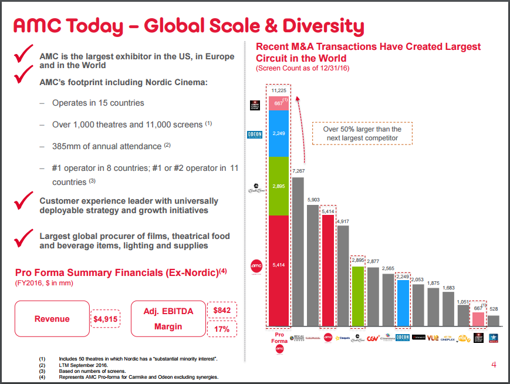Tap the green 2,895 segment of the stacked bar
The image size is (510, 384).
pyautogui.click(x=279, y=186)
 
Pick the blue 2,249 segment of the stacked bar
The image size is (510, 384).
pyautogui.click(x=279, y=134)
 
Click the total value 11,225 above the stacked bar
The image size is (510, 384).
pyautogui.click(x=279, y=90)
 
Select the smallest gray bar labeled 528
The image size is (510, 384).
pyautogui.click(x=494, y=321)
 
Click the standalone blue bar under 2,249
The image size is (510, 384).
pyautogui.click(x=403, y=303)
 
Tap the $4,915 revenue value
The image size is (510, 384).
pyautogui.click(x=106, y=319)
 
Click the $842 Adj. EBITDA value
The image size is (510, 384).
pyautogui.click(x=221, y=310)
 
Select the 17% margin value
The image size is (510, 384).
pyautogui.click(x=221, y=329)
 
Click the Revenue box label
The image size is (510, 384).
pyautogui.click(x=52, y=319)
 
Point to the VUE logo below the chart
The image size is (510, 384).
pyautogui.click(x=433, y=338)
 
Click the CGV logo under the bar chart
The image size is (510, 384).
pyautogui.click(x=372, y=338)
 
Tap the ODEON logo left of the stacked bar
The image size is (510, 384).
pyautogui.click(x=256, y=134)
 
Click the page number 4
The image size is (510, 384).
pyautogui.click(x=494, y=365)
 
